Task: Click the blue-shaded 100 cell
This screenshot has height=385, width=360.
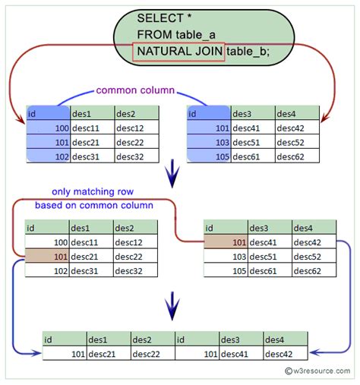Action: (x=47, y=129)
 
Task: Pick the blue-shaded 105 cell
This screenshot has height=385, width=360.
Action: (x=208, y=156)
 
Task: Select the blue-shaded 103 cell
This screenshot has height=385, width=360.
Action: (x=208, y=143)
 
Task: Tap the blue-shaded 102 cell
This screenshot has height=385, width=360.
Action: (x=47, y=156)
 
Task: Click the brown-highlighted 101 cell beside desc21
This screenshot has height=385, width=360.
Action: (x=46, y=256)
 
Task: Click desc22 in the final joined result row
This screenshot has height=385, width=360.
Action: (x=147, y=353)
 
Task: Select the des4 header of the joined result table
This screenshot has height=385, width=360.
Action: (x=277, y=339)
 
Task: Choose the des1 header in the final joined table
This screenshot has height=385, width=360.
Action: (x=99, y=339)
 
